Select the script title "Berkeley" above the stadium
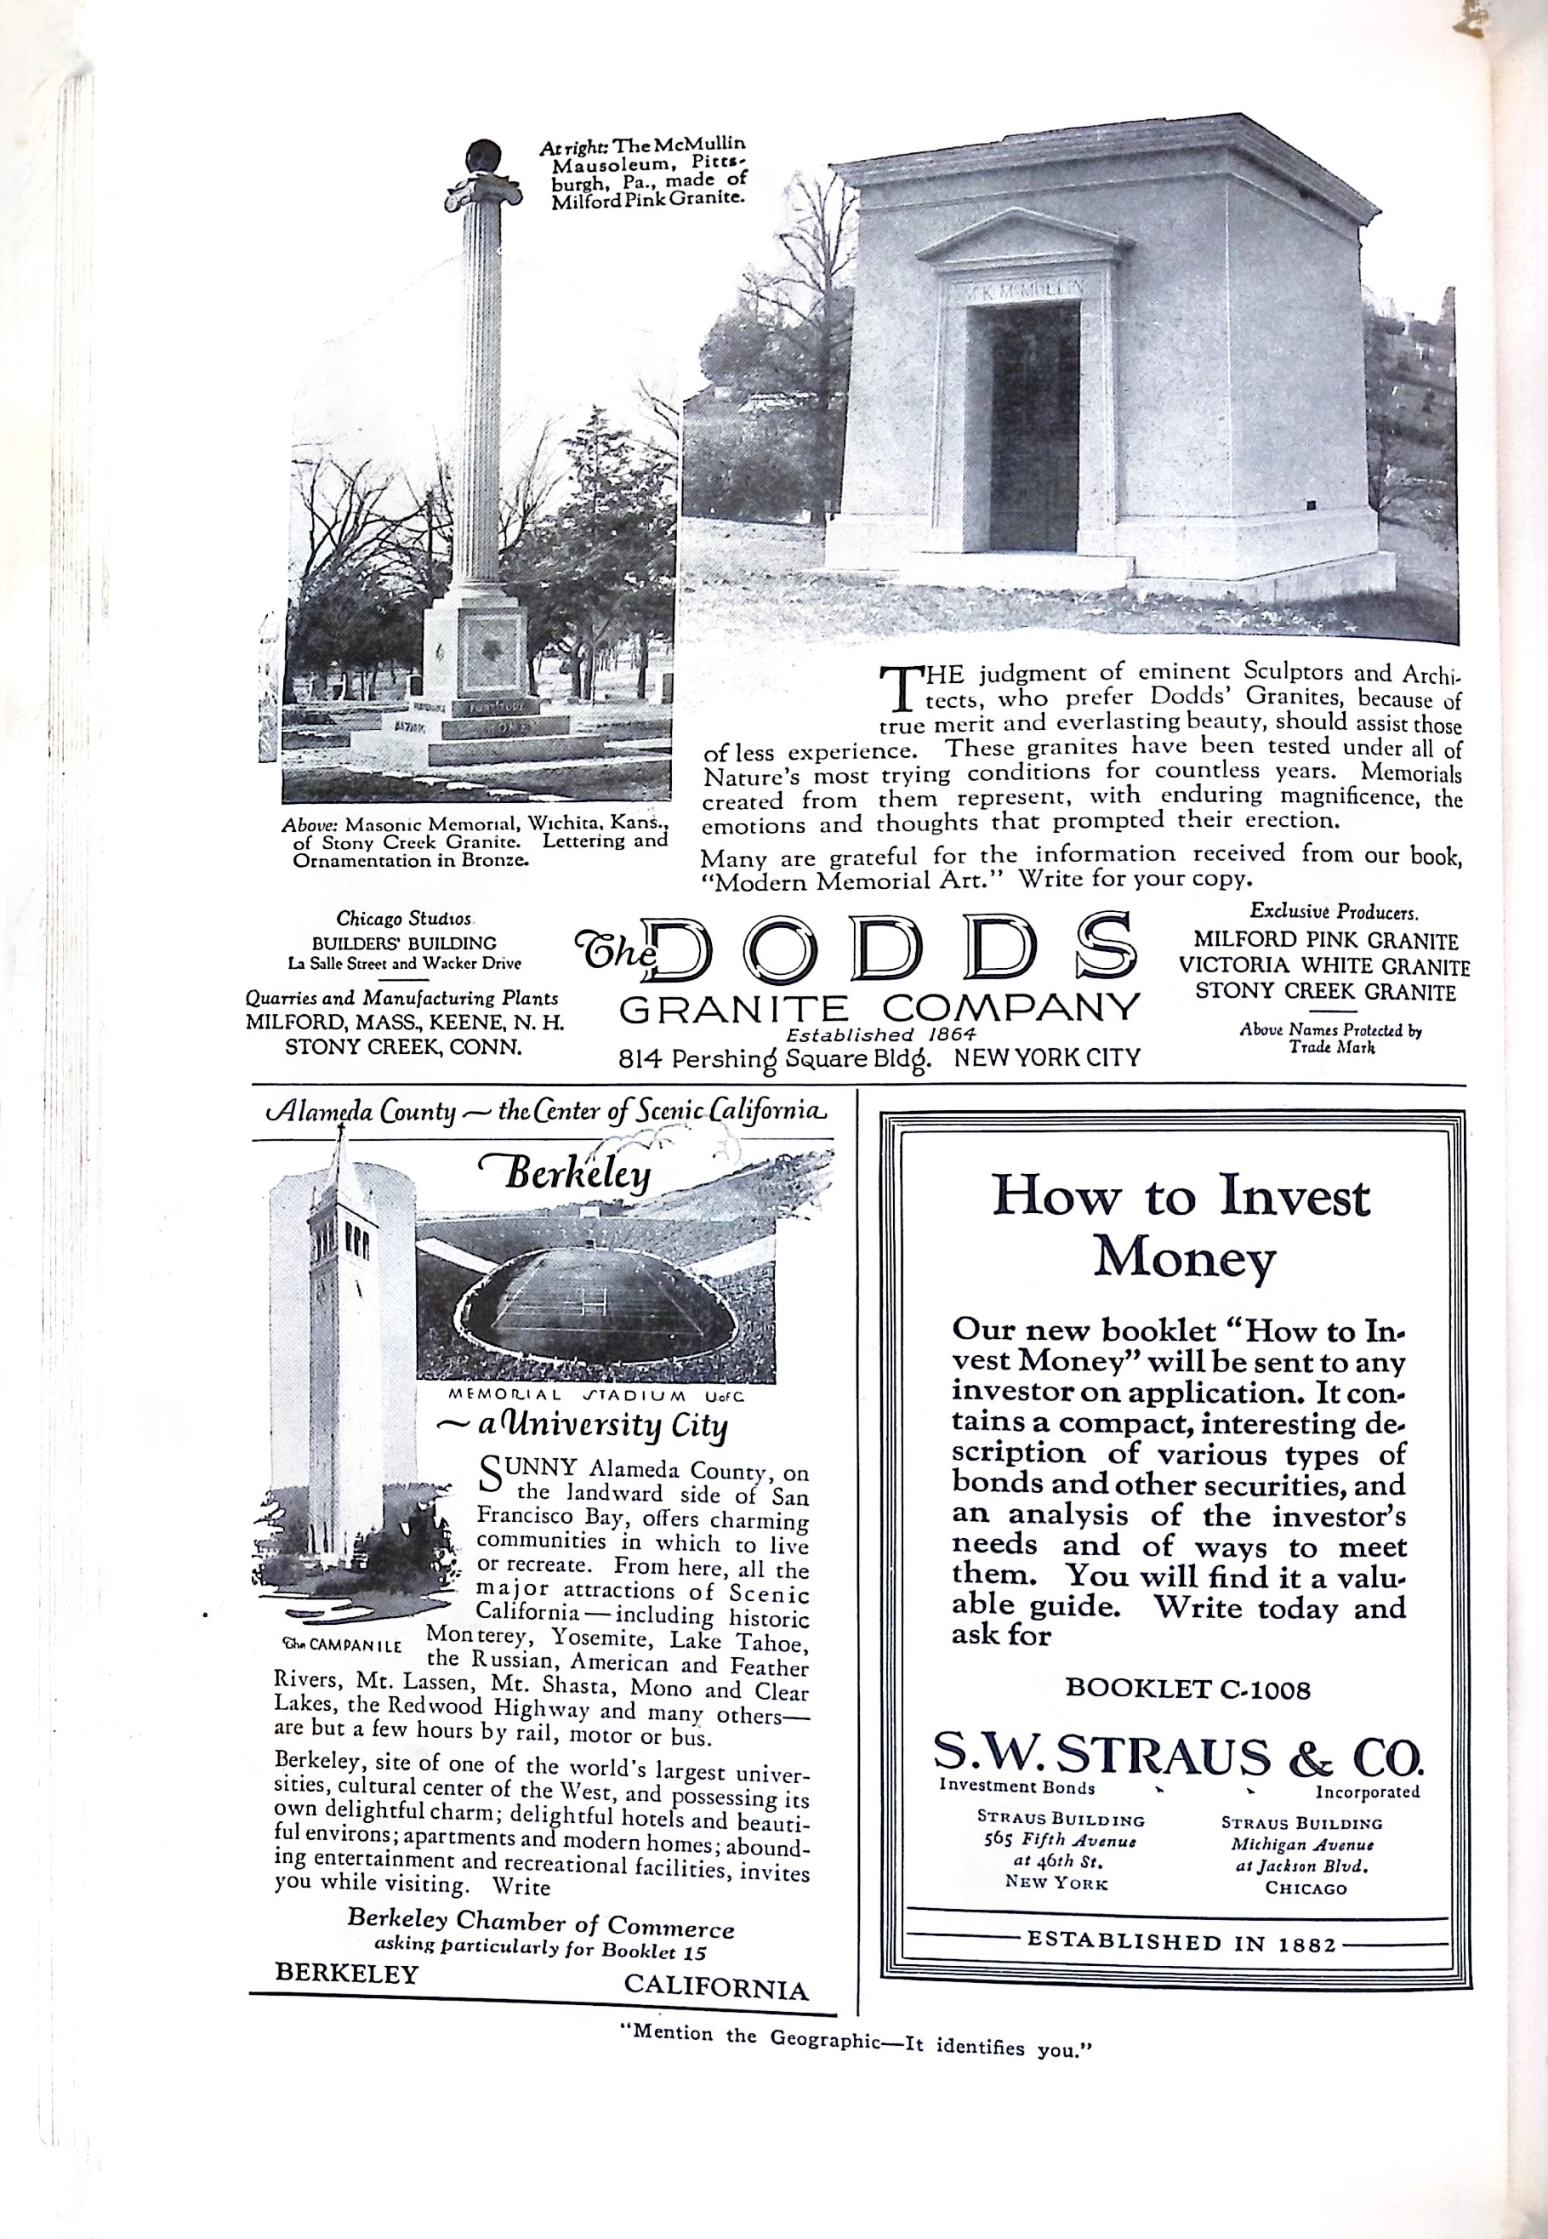click(575, 1176)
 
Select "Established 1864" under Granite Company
click(879, 1034)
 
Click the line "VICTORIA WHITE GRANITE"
click(1324, 966)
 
